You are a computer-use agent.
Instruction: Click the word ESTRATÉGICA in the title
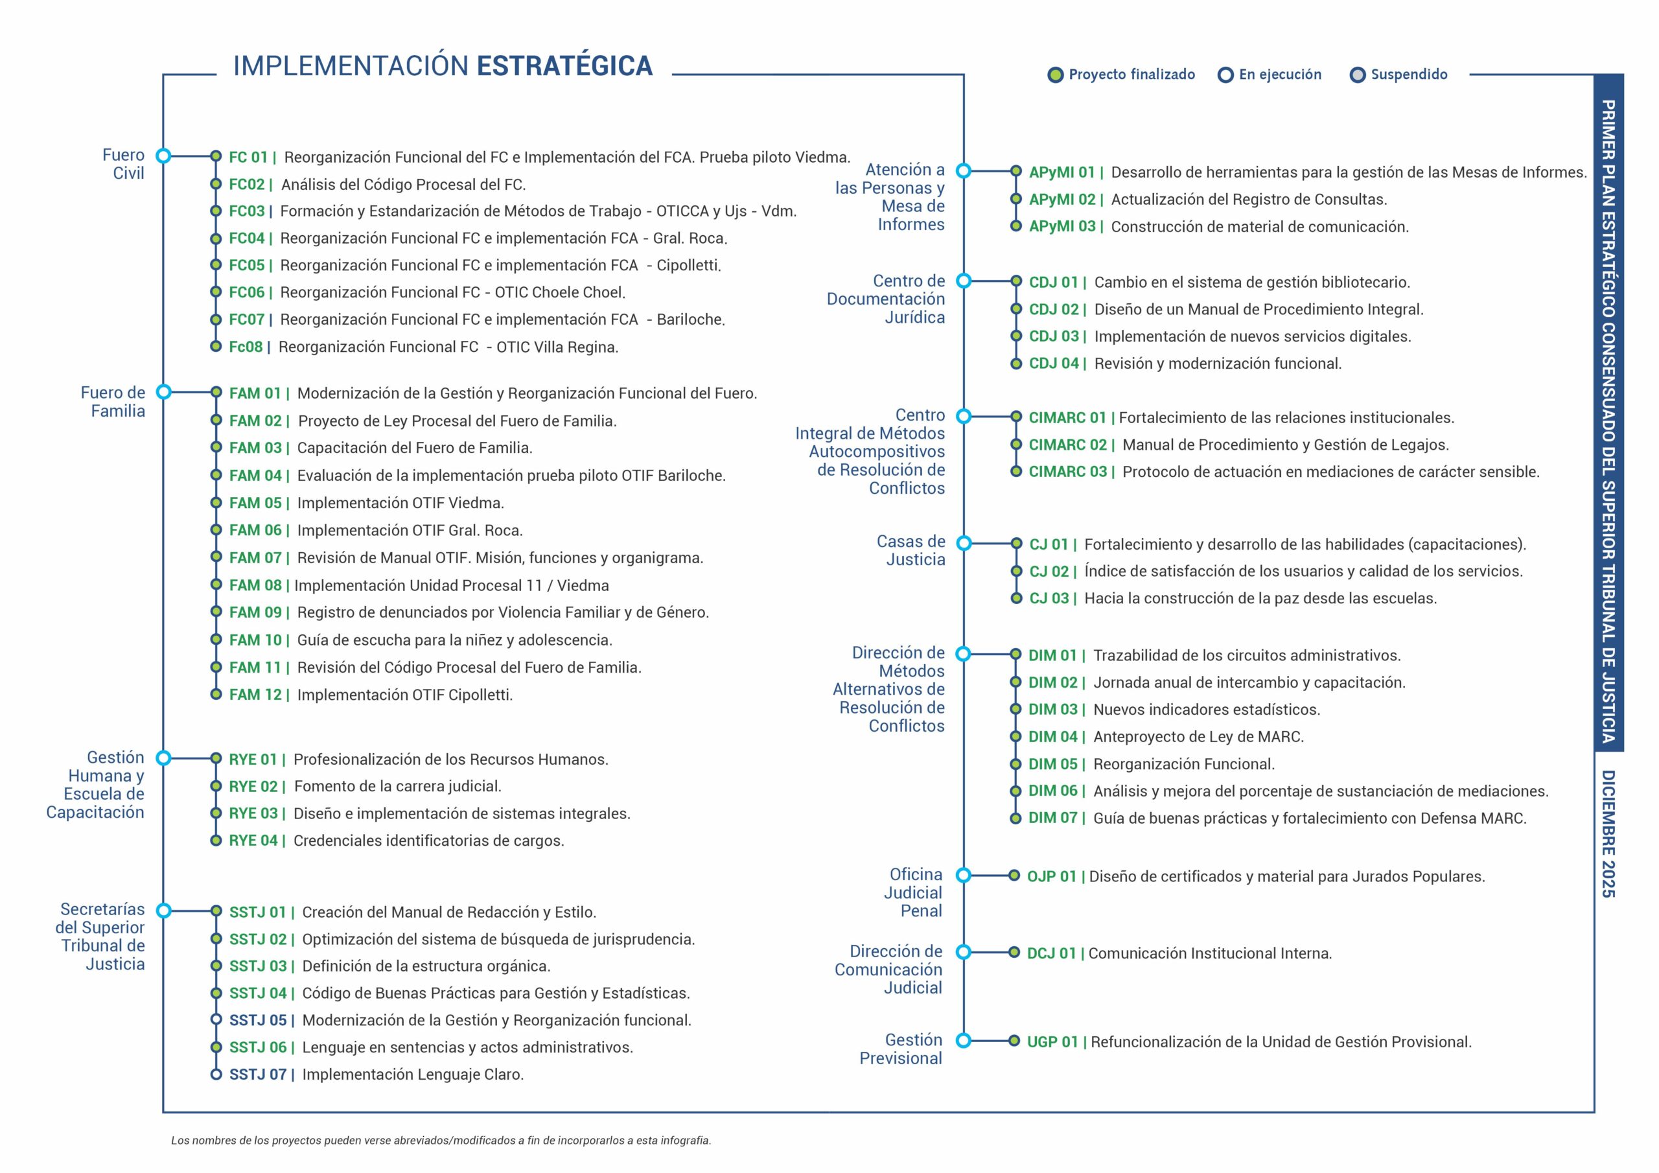(x=564, y=65)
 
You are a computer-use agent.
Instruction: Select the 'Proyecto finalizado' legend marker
(x=1056, y=75)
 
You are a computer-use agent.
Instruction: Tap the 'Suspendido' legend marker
(x=1358, y=75)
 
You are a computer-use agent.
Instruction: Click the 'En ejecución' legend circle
(x=1225, y=75)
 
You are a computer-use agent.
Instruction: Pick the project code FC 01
(x=248, y=157)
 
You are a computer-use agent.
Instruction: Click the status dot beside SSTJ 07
(x=215, y=1074)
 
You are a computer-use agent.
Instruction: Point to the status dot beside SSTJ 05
(x=215, y=1020)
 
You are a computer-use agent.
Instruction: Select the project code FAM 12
(x=255, y=695)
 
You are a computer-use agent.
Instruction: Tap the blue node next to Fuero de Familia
(x=164, y=393)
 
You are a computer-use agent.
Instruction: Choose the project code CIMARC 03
(x=1067, y=472)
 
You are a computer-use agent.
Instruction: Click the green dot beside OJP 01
(x=1014, y=876)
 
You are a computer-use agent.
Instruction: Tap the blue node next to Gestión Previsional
(x=963, y=1041)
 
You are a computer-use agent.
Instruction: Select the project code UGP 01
(x=1052, y=1042)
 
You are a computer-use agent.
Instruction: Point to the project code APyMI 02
(x=1062, y=200)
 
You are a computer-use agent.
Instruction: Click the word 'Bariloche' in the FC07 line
(x=690, y=319)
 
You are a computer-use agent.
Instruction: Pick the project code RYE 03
(x=253, y=814)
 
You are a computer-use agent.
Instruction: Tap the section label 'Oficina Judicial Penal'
(x=916, y=892)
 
